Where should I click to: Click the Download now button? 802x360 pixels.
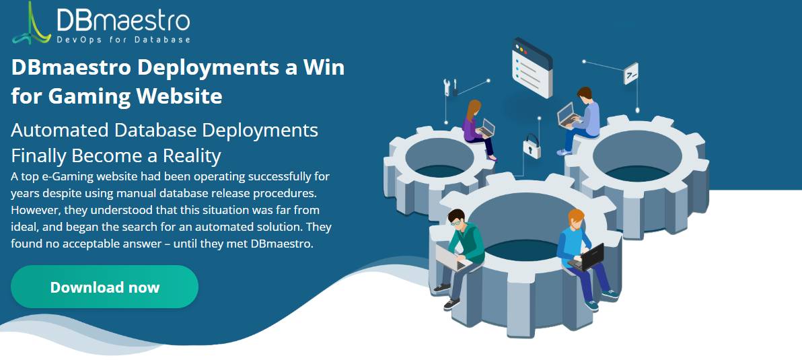tap(104, 287)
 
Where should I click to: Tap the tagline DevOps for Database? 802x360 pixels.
tap(124, 40)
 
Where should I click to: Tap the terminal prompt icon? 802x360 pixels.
tap(631, 73)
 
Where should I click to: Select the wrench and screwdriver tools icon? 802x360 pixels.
tap(450, 87)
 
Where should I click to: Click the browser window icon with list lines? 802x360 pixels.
tap(532, 67)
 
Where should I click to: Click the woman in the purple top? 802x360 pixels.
tap(478, 129)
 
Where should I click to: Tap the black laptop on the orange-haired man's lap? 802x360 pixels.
tap(587, 257)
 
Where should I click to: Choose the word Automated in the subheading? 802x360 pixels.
tap(59, 131)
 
